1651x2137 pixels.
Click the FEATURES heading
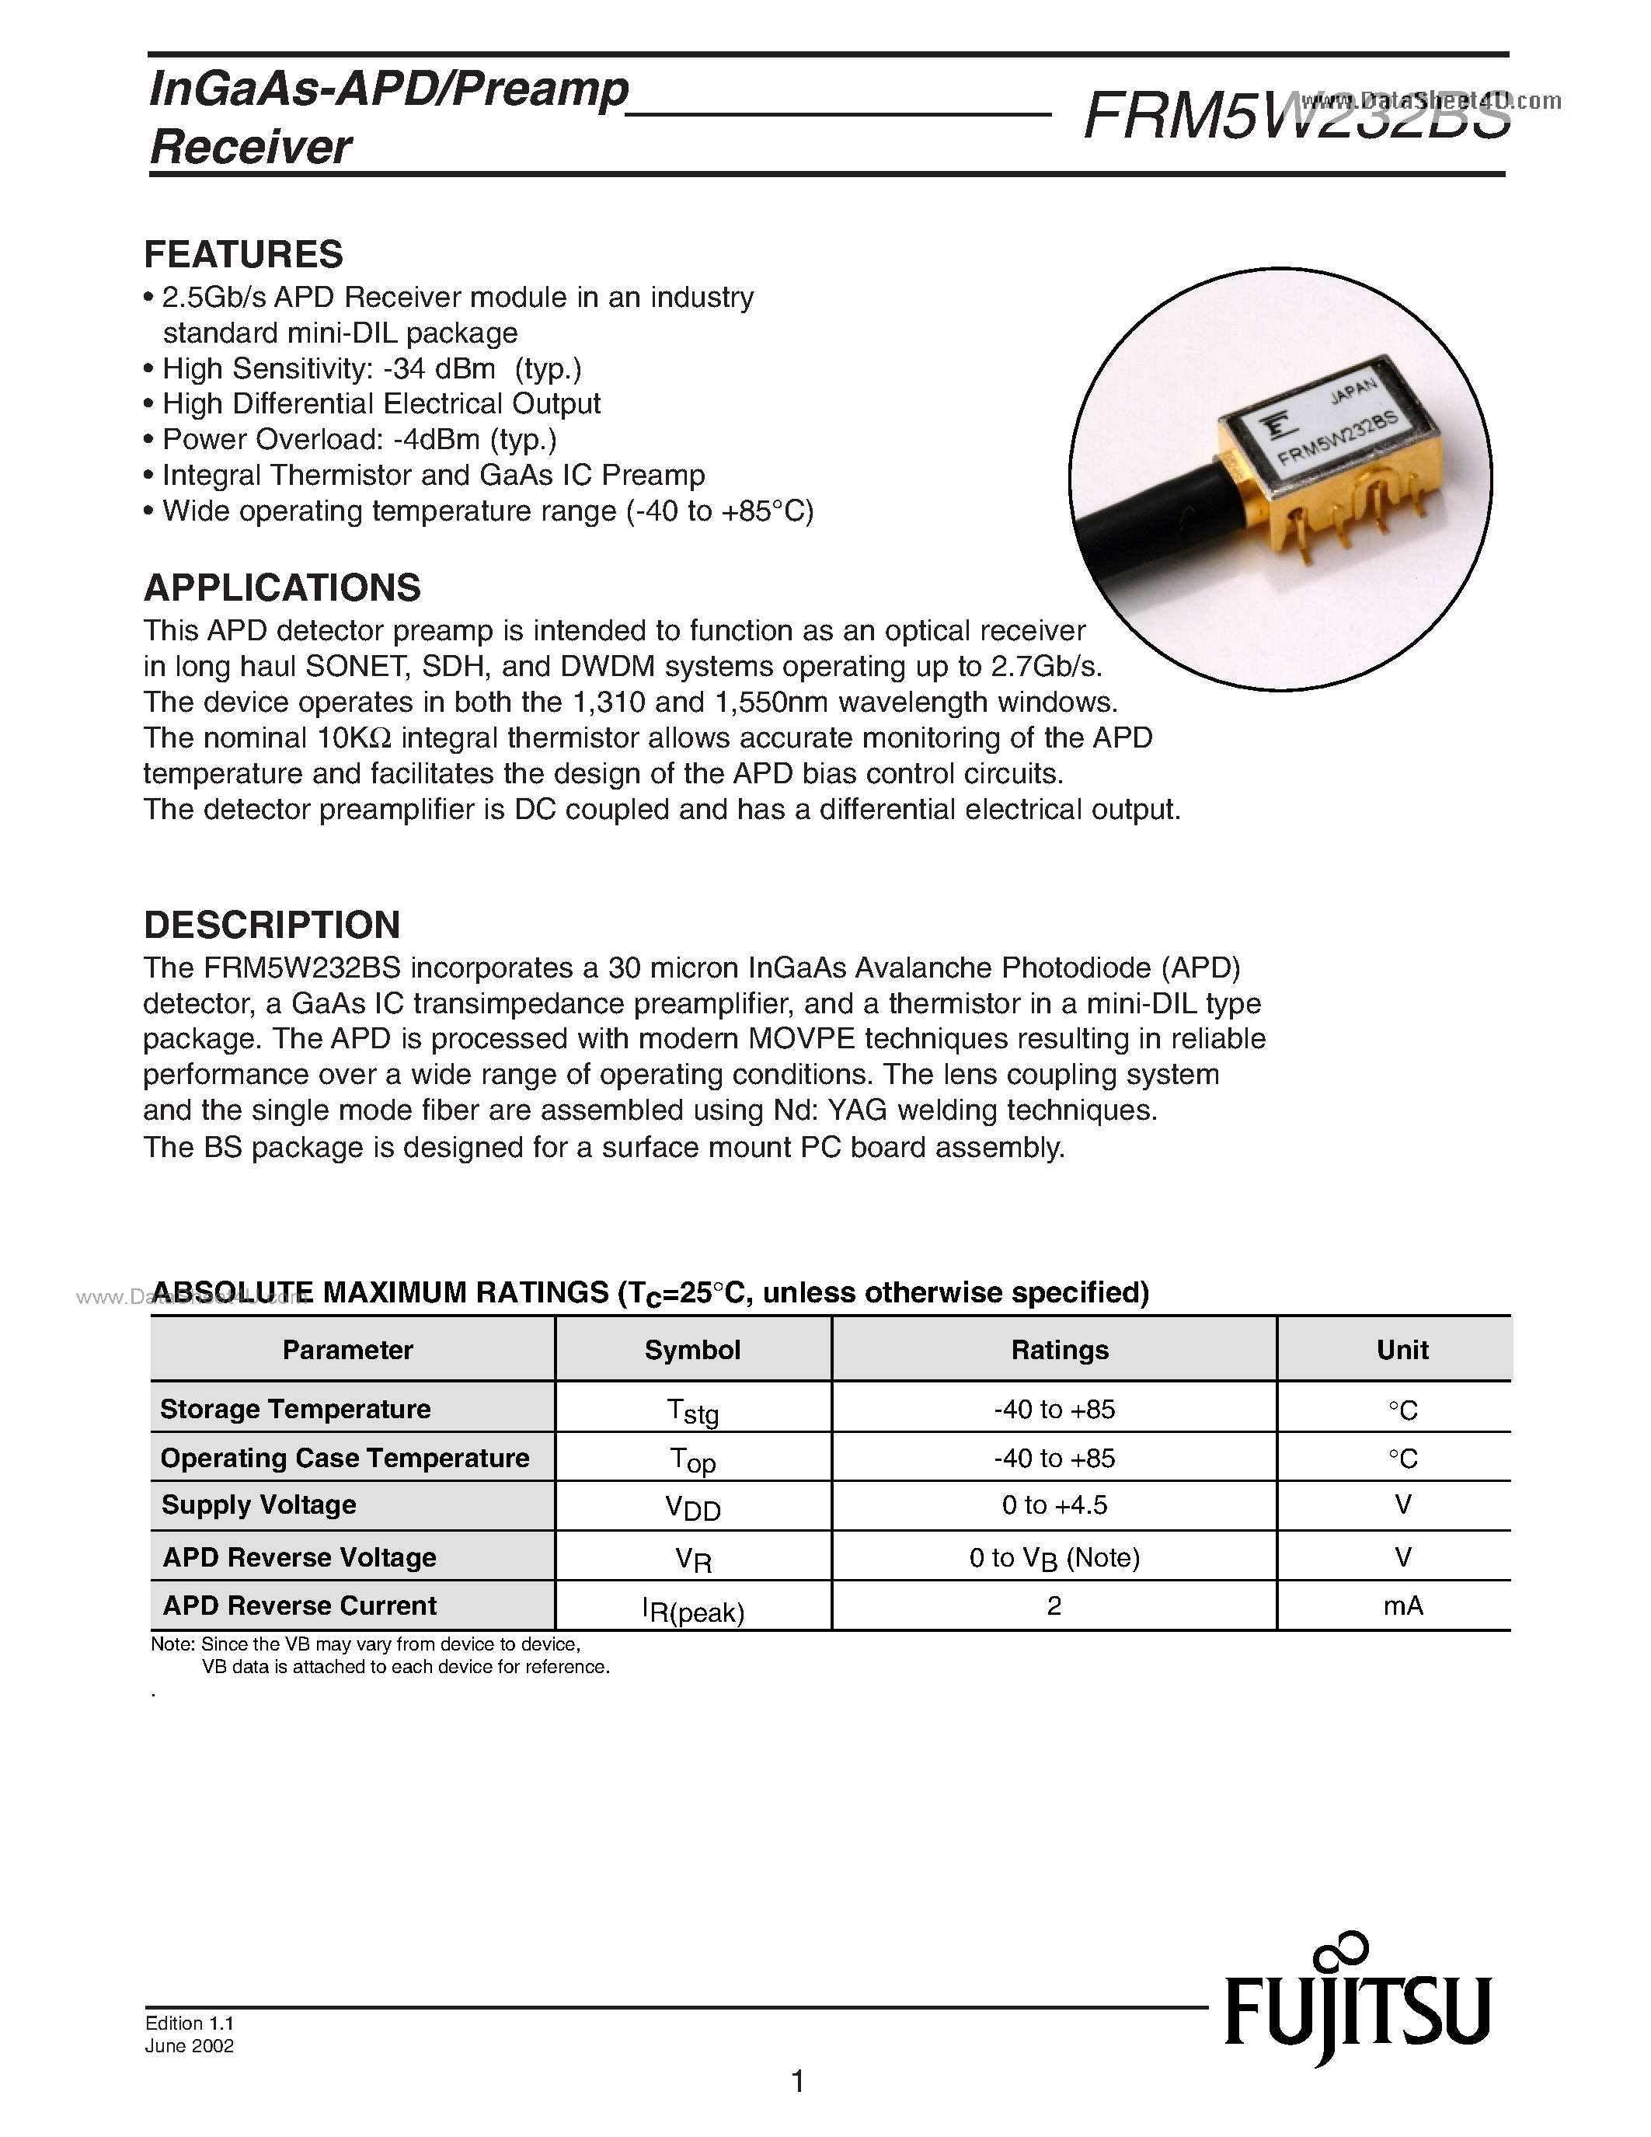coord(243,254)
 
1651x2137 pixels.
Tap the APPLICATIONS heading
coord(282,588)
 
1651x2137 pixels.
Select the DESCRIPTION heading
coord(272,925)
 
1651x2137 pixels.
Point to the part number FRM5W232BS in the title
coord(1297,117)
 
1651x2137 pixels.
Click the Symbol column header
coord(691,1351)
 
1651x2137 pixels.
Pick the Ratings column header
coord(1059,1351)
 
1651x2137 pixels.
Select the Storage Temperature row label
coord(295,1409)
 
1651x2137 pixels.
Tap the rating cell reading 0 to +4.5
coord(1054,1505)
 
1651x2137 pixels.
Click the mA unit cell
coord(1402,1605)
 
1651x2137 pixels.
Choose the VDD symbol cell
coord(692,1508)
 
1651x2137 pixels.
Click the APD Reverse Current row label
coord(299,1605)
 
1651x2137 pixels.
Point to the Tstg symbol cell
coord(692,1411)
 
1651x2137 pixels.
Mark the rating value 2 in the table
coord(1054,1605)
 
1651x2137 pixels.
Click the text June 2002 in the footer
coord(190,2046)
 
